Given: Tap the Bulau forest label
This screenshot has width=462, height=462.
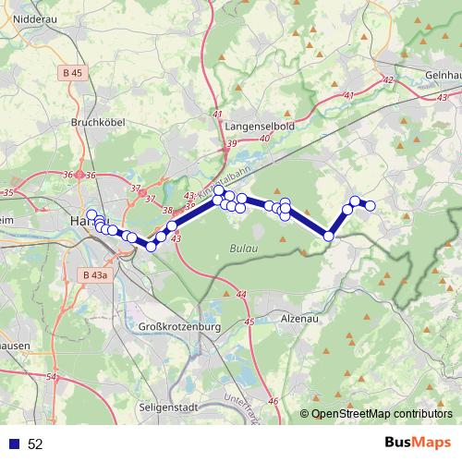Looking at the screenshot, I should tap(242, 249).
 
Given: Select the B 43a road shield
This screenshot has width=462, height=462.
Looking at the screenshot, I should tap(93, 274).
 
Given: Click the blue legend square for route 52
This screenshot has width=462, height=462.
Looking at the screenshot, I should tap(14, 444).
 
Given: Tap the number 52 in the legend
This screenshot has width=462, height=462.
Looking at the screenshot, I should tap(35, 444).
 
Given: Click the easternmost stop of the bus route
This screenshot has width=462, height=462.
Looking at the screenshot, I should tap(371, 205).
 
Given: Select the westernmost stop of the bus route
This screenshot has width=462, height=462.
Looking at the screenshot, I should tap(91, 215).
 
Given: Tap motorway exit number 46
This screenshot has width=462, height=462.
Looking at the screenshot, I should tap(273, 401).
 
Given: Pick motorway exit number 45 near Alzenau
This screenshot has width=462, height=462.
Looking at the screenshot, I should tap(249, 322).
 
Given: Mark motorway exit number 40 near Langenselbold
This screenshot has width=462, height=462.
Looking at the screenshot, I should tap(265, 138).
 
